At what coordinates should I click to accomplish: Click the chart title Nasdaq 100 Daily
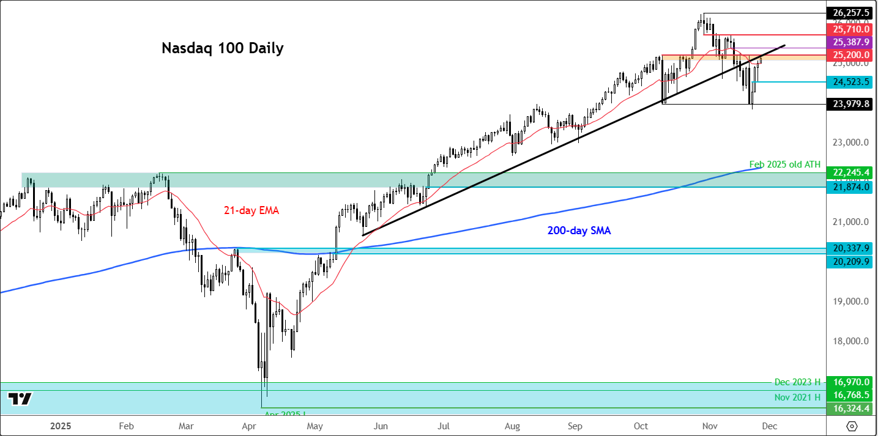tap(222, 48)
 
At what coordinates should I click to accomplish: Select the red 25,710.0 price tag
tap(850, 29)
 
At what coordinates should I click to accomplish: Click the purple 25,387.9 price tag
tap(850, 42)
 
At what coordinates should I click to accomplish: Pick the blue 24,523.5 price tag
tap(850, 81)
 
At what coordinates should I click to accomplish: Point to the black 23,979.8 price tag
tap(850, 104)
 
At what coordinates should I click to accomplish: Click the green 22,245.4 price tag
tap(850, 172)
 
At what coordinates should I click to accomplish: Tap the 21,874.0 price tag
tap(850, 187)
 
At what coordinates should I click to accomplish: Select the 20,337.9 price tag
tap(850, 248)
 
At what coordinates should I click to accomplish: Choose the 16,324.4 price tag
tap(850, 408)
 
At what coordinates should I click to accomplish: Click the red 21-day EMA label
tap(252, 210)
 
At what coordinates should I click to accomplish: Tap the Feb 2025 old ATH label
tap(784, 164)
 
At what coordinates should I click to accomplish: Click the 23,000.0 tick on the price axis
tap(847, 142)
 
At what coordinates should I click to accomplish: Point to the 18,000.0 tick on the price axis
tap(847, 341)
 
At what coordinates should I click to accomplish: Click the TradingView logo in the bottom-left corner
tap(20, 399)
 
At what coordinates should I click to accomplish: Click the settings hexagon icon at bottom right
tap(852, 426)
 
